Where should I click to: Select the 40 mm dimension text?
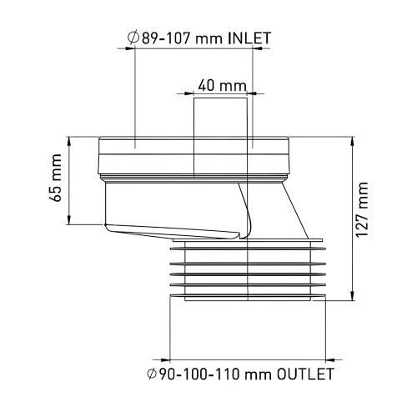(222, 86)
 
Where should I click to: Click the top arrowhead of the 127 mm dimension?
(352, 139)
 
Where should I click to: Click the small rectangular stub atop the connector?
(221, 116)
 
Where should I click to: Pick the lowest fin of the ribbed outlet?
(246, 295)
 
